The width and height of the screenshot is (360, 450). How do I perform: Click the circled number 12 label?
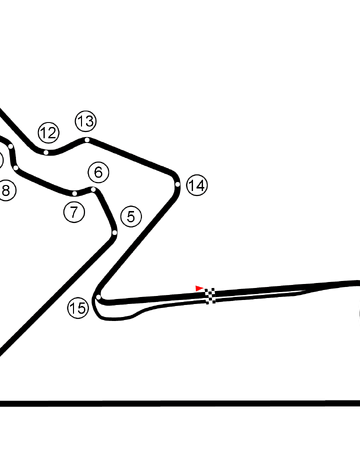[x=49, y=133]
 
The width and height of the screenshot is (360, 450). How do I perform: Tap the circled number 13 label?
[x=86, y=121]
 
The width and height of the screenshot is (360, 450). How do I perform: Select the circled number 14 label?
[x=197, y=185]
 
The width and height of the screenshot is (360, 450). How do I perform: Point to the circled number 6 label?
[x=98, y=172]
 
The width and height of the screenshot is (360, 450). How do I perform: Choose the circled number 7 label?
[x=74, y=212]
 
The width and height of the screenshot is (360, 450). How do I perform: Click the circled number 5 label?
[x=131, y=217]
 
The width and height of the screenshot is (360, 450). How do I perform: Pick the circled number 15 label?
[x=78, y=308]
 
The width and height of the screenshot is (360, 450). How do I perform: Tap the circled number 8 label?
[x=6, y=191]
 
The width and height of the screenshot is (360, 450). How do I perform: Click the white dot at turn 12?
[x=46, y=152]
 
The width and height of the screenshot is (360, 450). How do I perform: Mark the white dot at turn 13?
[x=87, y=140]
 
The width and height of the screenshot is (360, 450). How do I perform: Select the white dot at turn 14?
[x=177, y=184]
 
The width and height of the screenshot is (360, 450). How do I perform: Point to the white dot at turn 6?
[x=94, y=190]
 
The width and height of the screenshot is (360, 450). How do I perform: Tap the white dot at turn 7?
[x=74, y=193]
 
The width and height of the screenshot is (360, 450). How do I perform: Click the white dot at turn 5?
[x=115, y=232]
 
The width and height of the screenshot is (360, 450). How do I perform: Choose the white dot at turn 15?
[x=99, y=297]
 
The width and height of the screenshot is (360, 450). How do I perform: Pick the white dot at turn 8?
[x=16, y=167]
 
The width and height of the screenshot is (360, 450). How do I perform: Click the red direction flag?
[x=199, y=288]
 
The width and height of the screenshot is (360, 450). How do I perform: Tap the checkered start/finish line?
[x=210, y=296]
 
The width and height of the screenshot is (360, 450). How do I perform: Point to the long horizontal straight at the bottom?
[x=180, y=403]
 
